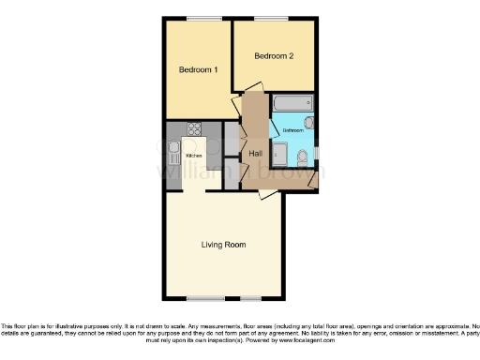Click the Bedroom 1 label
pos(198,69)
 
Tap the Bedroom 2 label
pos(275,56)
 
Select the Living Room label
pos(223,245)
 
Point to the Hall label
pos(255,153)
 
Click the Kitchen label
pos(194,155)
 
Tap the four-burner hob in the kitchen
pos(194,129)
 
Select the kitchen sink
pos(172,149)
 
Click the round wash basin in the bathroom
pos(309,123)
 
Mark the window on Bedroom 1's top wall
pos(197,19)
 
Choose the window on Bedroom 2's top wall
pos(275,19)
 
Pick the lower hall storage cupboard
pos(232,172)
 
